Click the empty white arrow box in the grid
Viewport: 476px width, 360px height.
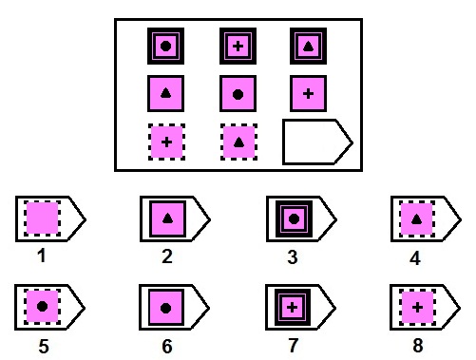316,142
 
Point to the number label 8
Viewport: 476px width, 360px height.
414,346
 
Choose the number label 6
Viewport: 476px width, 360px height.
167,346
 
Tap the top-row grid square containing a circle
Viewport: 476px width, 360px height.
165,46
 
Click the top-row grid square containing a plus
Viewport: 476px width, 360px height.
238,46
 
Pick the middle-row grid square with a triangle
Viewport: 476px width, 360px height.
165,93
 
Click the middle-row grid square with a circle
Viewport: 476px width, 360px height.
238,93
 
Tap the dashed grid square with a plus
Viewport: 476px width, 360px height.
166,142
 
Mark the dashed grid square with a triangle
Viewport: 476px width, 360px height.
238,142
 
